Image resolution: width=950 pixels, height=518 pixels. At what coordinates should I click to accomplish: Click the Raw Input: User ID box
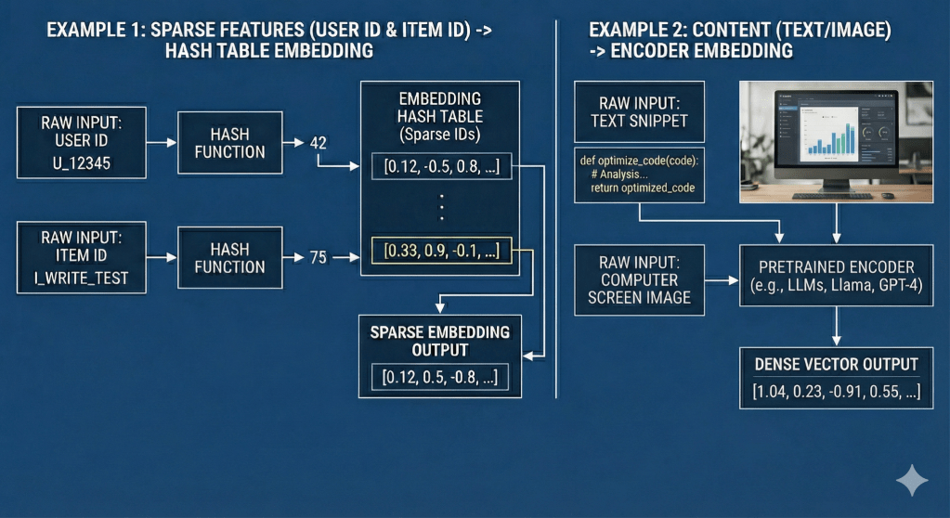click(81, 142)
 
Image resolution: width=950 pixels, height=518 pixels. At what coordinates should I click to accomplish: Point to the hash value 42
click(319, 144)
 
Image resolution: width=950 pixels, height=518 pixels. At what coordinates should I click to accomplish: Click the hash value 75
click(319, 257)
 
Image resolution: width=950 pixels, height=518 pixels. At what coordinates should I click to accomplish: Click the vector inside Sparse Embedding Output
click(439, 377)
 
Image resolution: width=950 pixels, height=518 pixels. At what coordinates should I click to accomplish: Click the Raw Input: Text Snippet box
click(631, 110)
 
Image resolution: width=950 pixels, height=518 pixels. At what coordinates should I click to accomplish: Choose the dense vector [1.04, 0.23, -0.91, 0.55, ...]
click(836, 392)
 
